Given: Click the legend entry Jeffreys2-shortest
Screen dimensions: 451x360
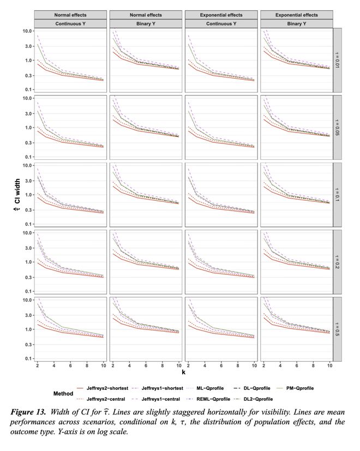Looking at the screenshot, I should [107, 388].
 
